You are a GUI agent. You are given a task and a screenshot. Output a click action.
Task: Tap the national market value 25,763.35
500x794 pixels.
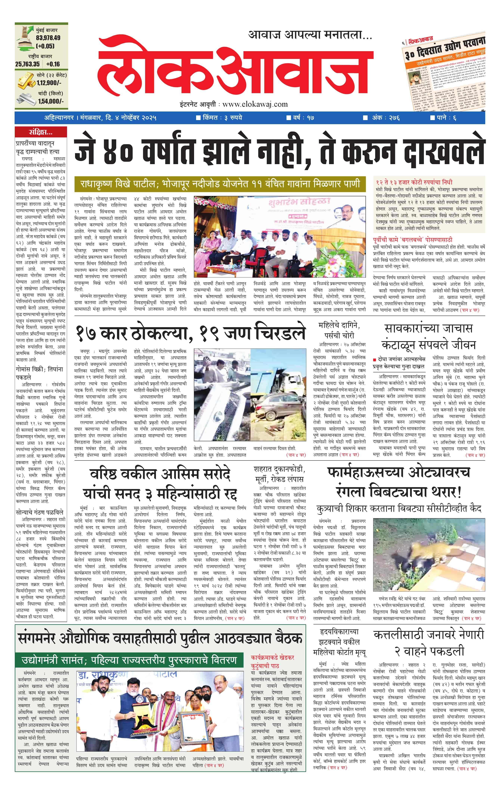click(27, 64)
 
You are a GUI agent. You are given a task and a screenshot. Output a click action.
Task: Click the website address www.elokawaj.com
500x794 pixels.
click(255, 104)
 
